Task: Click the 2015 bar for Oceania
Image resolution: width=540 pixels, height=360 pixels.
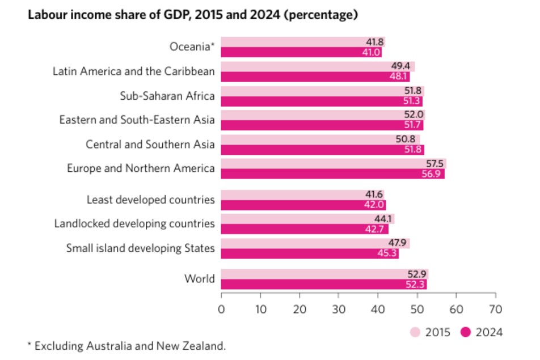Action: [295, 42]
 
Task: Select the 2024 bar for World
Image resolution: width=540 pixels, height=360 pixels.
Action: [323, 285]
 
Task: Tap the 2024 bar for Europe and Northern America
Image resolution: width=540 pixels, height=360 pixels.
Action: [332, 174]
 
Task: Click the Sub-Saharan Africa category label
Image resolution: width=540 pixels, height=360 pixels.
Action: [167, 96]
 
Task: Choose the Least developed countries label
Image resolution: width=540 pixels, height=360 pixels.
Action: [150, 200]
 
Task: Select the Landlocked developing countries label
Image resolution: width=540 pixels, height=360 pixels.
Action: [134, 223]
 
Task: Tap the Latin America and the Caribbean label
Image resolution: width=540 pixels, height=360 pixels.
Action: [134, 71]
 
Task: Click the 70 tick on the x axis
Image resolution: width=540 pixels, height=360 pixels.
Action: [495, 310]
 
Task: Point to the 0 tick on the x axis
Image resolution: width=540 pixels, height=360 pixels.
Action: [221, 310]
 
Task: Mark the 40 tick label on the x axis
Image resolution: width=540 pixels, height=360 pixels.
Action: [378, 310]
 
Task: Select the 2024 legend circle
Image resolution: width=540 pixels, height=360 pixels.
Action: [466, 332]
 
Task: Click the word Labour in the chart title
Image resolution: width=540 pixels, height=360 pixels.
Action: [47, 15]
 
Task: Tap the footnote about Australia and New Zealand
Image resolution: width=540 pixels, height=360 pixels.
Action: [126, 345]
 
